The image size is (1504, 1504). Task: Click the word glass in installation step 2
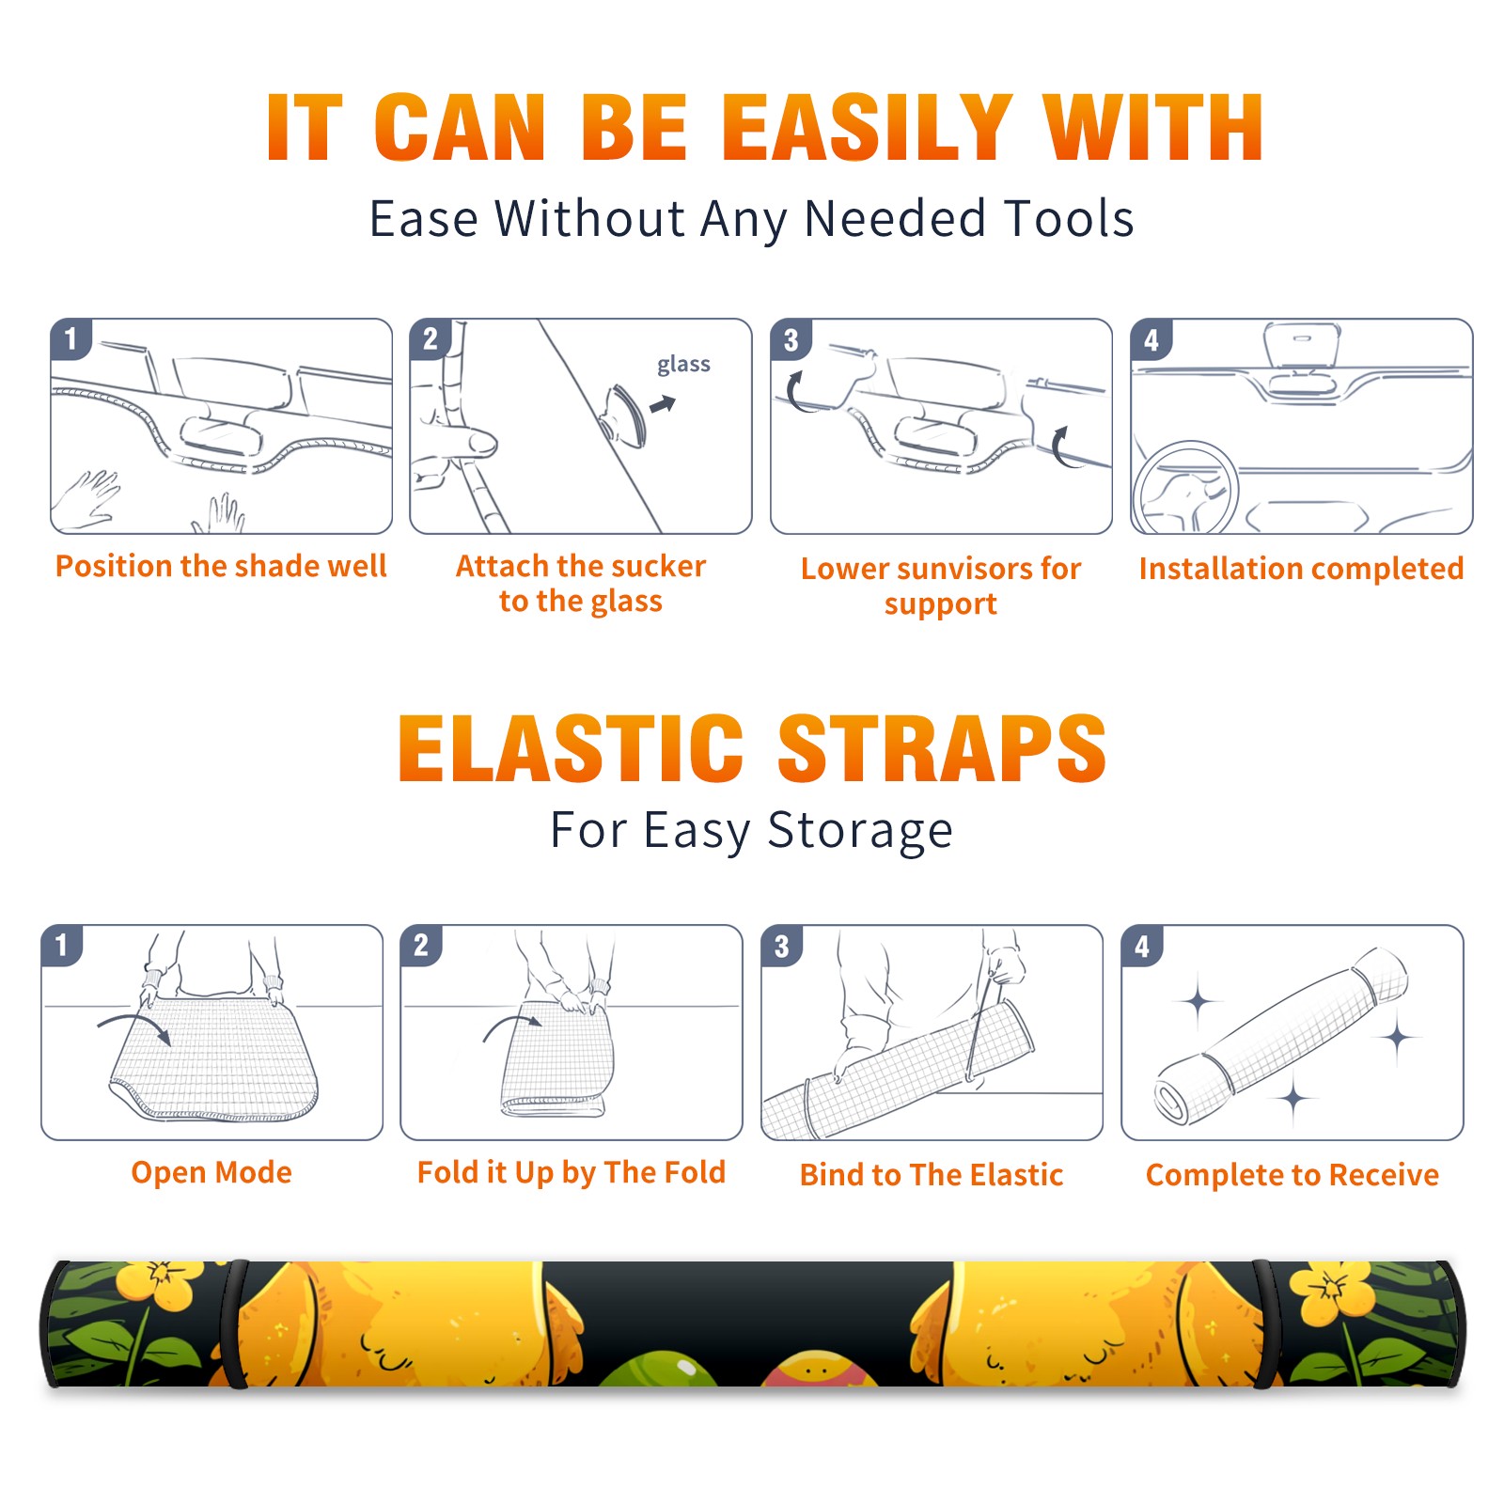point(683,365)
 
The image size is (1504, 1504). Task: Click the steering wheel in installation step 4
point(1185,488)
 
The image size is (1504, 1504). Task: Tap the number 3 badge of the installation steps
point(791,339)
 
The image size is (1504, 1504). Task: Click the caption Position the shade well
point(221,566)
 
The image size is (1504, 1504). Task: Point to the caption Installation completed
point(1301,569)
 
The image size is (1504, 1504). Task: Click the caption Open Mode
point(211,1172)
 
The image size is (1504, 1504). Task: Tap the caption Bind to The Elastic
point(932,1175)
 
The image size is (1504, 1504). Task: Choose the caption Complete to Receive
point(1292,1175)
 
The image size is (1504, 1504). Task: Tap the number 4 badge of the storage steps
point(1142,946)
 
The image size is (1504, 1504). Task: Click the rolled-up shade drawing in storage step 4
point(1280,1036)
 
